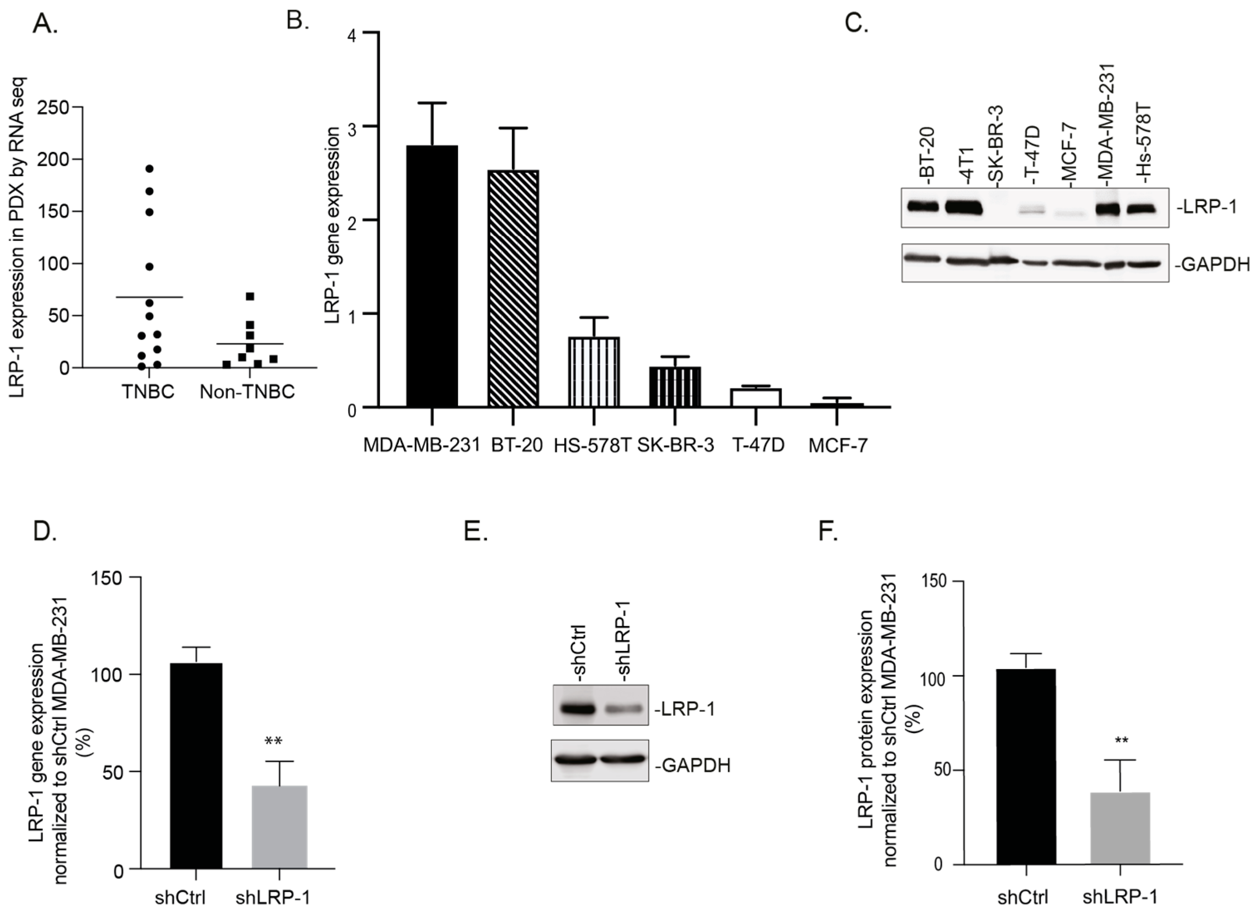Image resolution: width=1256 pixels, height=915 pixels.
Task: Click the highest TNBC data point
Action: coord(149,168)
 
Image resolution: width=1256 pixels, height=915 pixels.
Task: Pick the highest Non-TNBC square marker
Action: coord(250,296)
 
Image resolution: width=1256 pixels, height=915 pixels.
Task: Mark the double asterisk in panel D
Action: coord(274,742)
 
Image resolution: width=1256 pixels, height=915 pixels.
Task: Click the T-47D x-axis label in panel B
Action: coord(758,445)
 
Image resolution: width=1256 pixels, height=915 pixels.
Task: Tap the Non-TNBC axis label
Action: coord(247,392)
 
